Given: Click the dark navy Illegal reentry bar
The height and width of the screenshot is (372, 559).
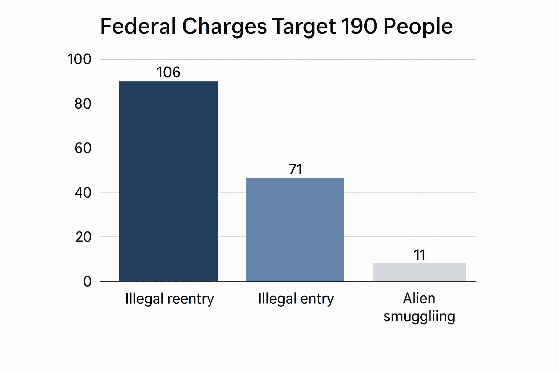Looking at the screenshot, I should [169, 181].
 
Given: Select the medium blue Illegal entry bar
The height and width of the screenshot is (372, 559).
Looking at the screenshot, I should [295, 229].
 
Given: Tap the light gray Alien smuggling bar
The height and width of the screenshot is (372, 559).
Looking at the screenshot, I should [419, 272].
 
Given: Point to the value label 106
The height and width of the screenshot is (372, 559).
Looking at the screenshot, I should [169, 73].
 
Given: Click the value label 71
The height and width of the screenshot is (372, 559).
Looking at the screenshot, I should [296, 169].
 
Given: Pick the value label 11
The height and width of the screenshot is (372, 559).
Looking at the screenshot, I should [420, 255].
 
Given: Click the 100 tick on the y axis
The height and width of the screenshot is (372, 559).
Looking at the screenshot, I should [79, 59].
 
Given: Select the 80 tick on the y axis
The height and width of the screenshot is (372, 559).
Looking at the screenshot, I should [83, 104].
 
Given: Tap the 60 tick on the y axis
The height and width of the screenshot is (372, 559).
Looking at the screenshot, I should [83, 148].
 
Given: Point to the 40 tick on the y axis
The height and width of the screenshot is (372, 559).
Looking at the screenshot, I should [83, 193].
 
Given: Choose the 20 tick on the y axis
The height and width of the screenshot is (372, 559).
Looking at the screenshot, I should [83, 237].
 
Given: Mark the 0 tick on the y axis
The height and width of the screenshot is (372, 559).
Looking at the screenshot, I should [87, 282].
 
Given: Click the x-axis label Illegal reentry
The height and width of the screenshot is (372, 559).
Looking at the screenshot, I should [170, 299].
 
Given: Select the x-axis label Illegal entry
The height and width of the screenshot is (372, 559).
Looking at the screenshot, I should [296, 299].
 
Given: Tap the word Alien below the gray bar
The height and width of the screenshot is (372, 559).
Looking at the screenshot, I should [419, 298].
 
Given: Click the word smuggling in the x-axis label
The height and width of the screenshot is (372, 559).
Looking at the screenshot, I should [419, 316].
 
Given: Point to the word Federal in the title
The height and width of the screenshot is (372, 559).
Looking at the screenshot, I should [138, 27].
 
